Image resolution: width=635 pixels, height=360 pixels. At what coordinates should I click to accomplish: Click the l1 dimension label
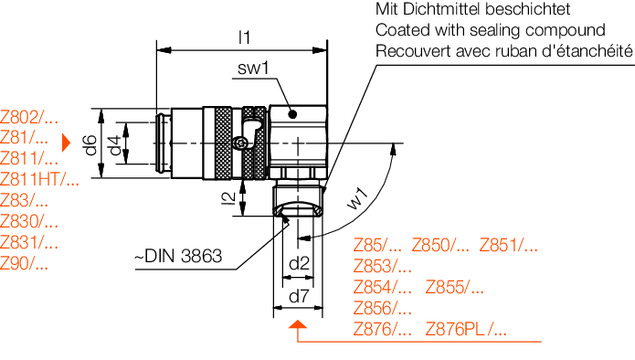[x=244, y=37]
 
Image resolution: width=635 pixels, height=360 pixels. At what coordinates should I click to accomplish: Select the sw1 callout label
[x=253, y=68]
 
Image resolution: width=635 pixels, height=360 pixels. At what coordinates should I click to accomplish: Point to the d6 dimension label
[x=90, y=145]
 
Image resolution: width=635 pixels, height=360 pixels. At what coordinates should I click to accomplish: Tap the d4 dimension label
[x=115, y=145]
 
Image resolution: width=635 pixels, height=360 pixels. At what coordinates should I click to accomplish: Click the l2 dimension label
[x=229, y=198]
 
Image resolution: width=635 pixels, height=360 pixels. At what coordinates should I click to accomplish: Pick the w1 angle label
[x=358, y=199]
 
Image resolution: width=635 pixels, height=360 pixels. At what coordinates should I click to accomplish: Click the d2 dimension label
[x=299, y=264]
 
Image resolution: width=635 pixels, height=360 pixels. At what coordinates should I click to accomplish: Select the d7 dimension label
[x=299, y=297]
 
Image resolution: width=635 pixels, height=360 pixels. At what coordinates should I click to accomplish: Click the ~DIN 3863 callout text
[x=178, y=256]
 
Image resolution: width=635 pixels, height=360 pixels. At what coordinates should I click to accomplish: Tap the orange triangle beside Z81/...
[x=66, y=143]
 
